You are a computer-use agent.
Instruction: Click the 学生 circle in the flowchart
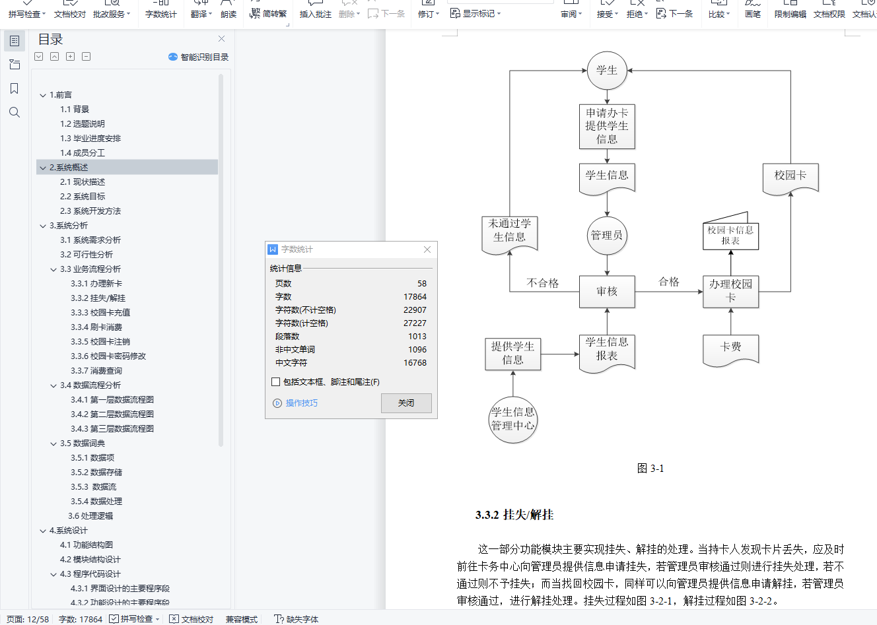click(x=607, y=71)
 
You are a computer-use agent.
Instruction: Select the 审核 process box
click(x=607, y=292)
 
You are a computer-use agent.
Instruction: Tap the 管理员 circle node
click(x=607, y=236)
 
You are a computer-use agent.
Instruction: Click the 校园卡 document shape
click(x=790, y=176)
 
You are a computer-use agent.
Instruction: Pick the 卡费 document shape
click(x=730, y=347)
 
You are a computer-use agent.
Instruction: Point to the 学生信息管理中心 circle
click(x=512, y=419)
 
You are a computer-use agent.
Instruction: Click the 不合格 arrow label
click(x=543, y=283)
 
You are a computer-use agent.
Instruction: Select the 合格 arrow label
click(x=669, y=282)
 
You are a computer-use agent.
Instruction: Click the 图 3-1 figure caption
click(x=650, y=469)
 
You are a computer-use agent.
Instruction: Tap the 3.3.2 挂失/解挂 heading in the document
click(x=514, y=515)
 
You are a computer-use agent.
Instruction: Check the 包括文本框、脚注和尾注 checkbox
click(x=276, y=382)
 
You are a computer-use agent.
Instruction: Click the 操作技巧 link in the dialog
click(x=301, y=403)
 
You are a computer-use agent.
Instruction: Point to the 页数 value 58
click(x=421, y=284)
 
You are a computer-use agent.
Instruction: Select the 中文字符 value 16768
click(x=415, y=363)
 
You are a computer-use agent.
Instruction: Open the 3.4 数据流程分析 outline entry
click(x=90, y=385)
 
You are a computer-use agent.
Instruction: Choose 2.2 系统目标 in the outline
click(x=83, y=197)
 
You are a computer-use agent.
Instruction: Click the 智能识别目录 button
click(x=199, y=57)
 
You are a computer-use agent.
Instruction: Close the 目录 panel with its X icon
click(x=221, y=39)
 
